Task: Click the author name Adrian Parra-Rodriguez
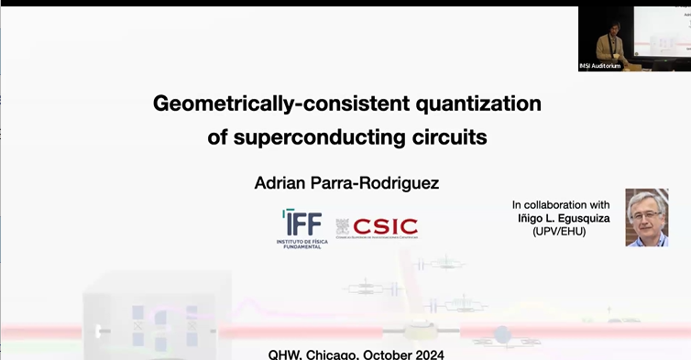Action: pos(346,183)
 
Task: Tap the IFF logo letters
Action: pos(301,222)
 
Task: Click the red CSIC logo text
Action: pos(385,226)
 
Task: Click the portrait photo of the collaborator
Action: pos(647,217)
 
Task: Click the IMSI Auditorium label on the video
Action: pos(599,66)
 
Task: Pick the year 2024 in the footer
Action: pos(428,353)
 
